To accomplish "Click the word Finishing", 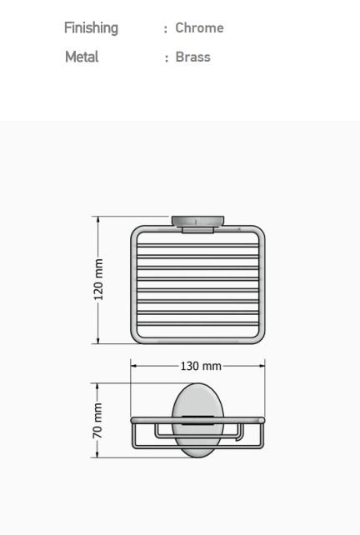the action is click(91, 28).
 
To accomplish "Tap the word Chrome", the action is click(199, 27).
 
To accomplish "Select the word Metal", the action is click(82, 57).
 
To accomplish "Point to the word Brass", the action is click(192, 57).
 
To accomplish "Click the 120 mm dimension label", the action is click(98, 279).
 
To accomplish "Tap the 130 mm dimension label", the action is click(201, 366).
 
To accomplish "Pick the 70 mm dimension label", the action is click(97, 420).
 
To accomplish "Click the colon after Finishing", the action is click(166, 29).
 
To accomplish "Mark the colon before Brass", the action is click(167, 58).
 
